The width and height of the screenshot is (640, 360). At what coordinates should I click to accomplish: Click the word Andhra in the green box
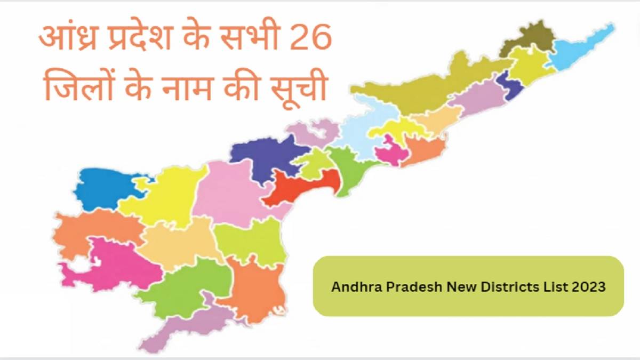pyautogui.click(x=352, y=287)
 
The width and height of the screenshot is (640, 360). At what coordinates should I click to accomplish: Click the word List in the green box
pyautogui.click(x=539, y=287)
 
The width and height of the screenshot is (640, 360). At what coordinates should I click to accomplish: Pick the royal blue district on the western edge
pyautogui.click(x=101, y=187)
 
